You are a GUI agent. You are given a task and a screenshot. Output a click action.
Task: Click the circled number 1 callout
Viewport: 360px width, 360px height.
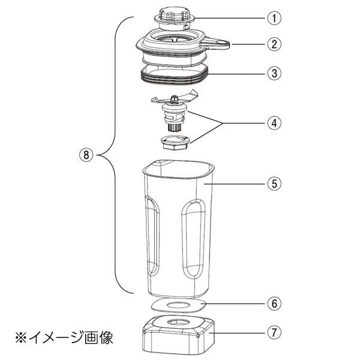tap(274, 17)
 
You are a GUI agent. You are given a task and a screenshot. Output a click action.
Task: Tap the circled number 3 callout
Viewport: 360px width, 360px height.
tap(274, 74)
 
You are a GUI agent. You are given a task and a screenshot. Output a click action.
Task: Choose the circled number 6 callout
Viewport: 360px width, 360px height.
tap(274, 304)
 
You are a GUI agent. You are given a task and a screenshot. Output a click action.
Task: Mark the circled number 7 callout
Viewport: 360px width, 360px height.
tap(274, 332)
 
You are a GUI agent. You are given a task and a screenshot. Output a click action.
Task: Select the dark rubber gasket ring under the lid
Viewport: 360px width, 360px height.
tap(174, 76)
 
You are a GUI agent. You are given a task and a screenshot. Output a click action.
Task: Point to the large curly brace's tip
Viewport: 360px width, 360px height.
tap(97, 155)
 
